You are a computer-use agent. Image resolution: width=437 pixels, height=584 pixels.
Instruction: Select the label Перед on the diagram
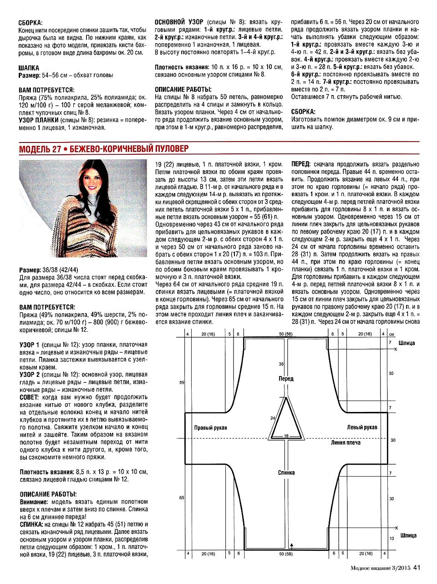[286, 379]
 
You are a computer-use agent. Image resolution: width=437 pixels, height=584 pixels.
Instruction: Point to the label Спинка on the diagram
[286, 472]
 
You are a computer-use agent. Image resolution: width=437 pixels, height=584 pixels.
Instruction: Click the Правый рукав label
[210, 428]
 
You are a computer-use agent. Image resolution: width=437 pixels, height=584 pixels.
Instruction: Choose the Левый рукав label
[362, 427]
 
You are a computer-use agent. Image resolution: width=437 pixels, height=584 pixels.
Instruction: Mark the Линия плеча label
[346, 442]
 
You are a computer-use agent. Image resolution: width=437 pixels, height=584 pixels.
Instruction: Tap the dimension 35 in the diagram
[281, 364]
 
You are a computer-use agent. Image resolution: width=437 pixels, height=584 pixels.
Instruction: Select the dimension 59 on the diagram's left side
[182, 383]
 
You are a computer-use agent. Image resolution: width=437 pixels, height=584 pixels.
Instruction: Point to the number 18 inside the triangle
[286, 436]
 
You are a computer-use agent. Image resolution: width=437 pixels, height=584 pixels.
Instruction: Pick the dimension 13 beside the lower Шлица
[392, 538]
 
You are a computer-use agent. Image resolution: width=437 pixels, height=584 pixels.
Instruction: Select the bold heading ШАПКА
[29, 67]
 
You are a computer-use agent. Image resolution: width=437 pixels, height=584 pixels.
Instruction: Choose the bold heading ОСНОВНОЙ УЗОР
[179, 22]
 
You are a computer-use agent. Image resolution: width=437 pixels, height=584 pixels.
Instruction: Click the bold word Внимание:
[33, 502]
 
